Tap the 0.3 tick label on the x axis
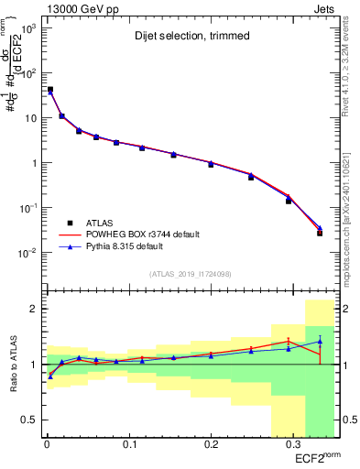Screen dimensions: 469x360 click(x=293, y=445)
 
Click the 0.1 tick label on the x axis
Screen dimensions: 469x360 click(x=128, y=445)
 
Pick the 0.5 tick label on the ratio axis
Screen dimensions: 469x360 click(x=27, y=420)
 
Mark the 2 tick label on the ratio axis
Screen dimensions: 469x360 click(x=32, y=310)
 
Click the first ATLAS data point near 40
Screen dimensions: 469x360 click(x=49, y=90)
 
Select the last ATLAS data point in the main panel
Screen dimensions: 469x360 click(x=320, y=233)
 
